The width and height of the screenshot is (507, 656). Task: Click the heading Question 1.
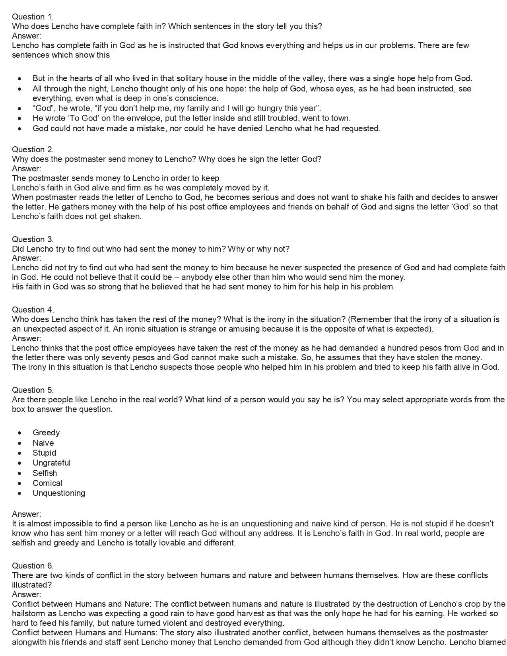tap(33, 17)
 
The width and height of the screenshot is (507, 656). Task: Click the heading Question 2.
tap(33, 149)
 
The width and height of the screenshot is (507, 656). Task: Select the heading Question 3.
tap(33, 239)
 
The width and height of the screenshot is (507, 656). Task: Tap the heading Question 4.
tap(33, 310)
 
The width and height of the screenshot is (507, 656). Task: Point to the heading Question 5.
tap(33, 390)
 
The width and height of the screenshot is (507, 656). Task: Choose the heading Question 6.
tap(33, 566)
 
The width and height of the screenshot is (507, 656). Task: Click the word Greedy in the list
tap(46, 433)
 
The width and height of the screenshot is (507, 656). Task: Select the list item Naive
tap(43, 443)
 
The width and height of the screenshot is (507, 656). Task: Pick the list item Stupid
tap(44, 453)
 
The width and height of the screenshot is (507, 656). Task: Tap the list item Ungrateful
tap(51, 463)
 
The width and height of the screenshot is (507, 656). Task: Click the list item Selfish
tap(45, 473)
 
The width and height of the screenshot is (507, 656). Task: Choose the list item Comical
tap(47, 483)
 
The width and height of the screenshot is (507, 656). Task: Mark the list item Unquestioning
tap(59, 493)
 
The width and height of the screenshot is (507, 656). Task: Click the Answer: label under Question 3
tap(27, 258)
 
